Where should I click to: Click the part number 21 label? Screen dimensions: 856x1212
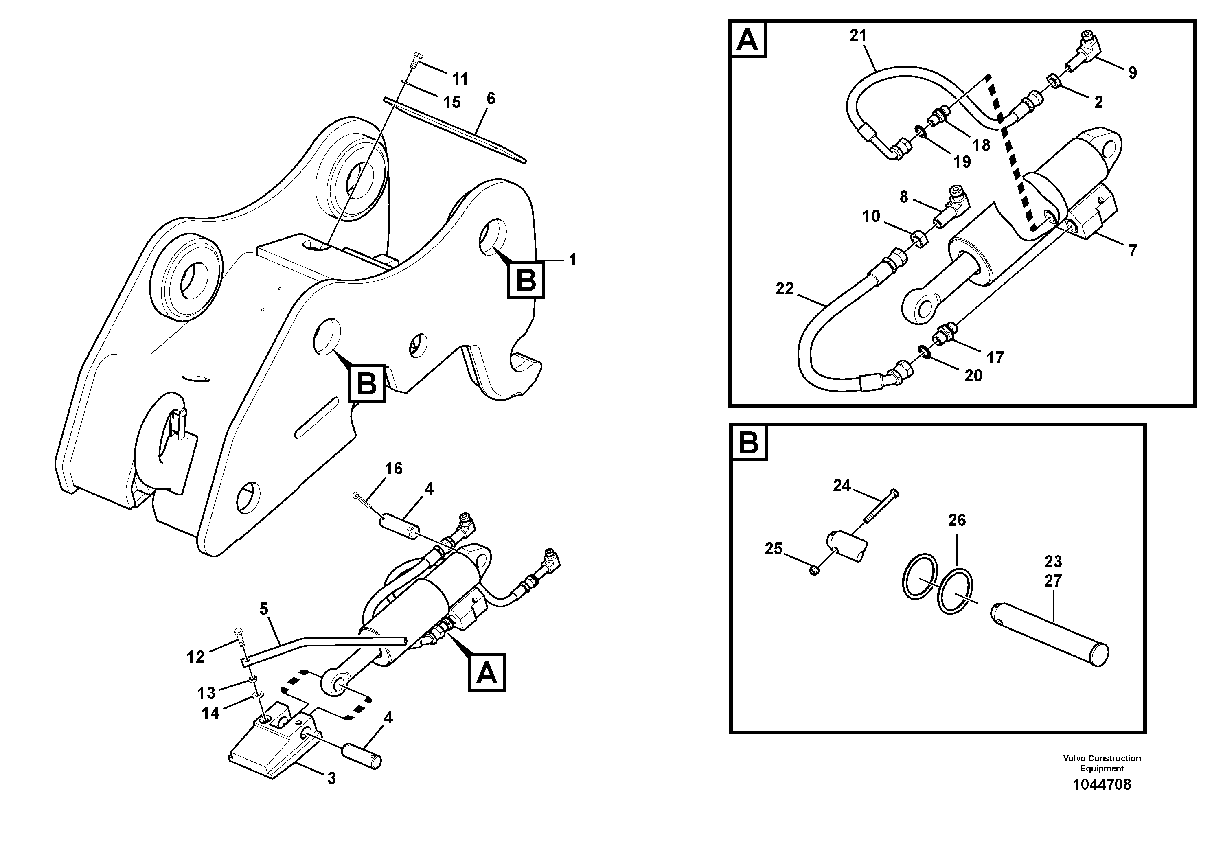click(858, 36)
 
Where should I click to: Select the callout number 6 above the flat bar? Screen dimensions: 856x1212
click(491, 99)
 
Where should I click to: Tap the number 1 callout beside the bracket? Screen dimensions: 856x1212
click(572, 260)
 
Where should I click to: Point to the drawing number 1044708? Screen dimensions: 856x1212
click(1102, 785)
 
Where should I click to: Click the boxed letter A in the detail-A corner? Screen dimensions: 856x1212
click(747, 39)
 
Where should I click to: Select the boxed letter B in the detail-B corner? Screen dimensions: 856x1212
click(749, 443)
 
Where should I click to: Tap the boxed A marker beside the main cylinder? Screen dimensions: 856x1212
click(486, 673)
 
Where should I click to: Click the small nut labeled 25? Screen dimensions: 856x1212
click(814, 571)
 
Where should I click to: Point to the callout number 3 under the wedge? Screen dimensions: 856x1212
click(331, 778)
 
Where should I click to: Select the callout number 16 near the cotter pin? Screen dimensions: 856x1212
click(393, 468)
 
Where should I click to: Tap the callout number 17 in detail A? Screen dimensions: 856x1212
click(995, 358)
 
